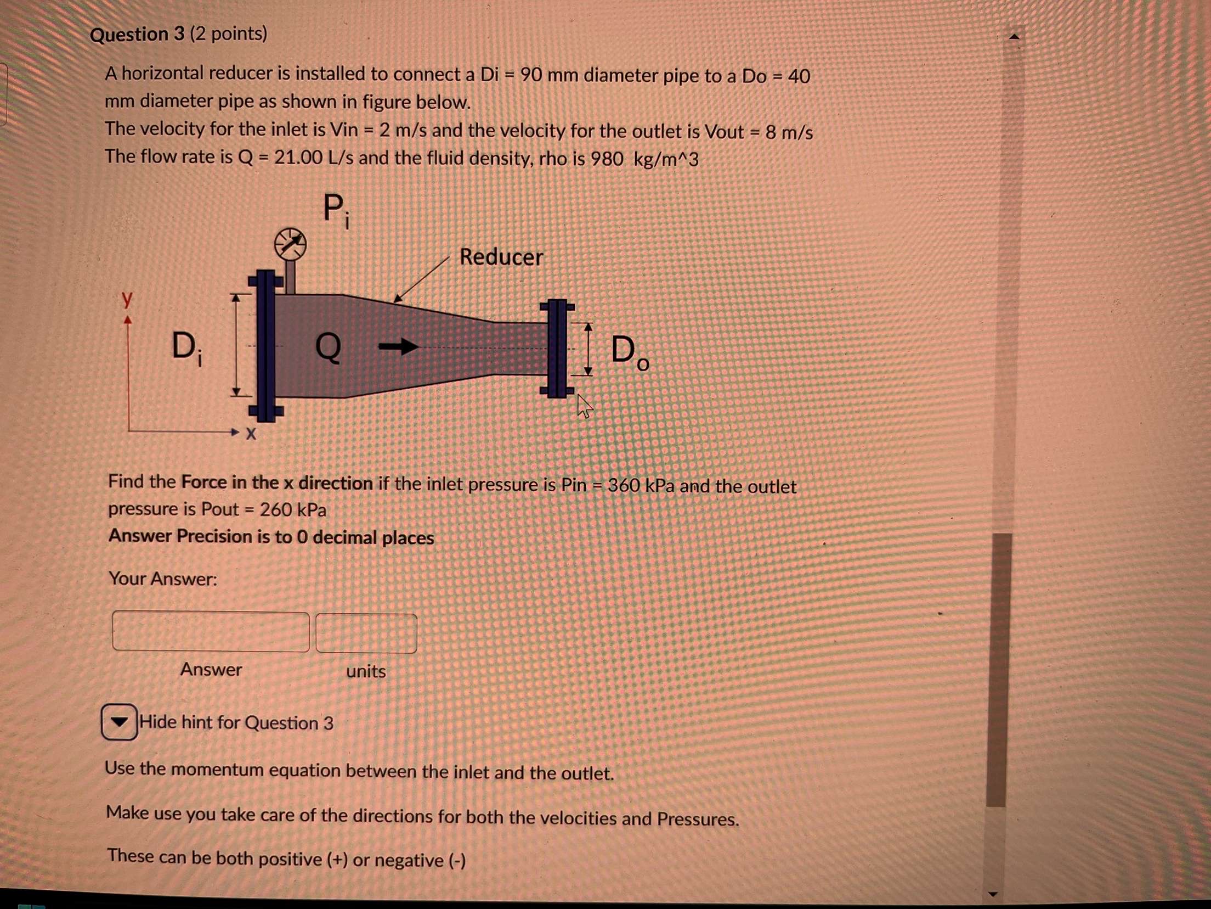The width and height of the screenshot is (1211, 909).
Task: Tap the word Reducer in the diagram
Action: click(501, 257)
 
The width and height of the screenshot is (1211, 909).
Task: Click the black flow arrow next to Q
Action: click(398, 346)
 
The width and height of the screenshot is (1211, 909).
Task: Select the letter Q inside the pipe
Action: click(328, 347)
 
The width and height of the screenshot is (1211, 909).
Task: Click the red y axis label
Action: click(127, 299)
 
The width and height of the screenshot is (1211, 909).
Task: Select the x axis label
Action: click(251, 434)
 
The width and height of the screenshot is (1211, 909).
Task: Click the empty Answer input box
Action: click(211, 632)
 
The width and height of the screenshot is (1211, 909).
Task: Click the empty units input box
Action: click(366, 633)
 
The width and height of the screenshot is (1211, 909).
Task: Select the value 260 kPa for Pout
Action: click(293, 510)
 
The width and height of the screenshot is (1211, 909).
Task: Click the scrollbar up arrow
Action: click(1014, 37)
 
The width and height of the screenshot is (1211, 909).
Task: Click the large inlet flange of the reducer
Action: click(266, 346)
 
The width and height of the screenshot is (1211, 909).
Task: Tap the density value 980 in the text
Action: click(606, 160)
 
